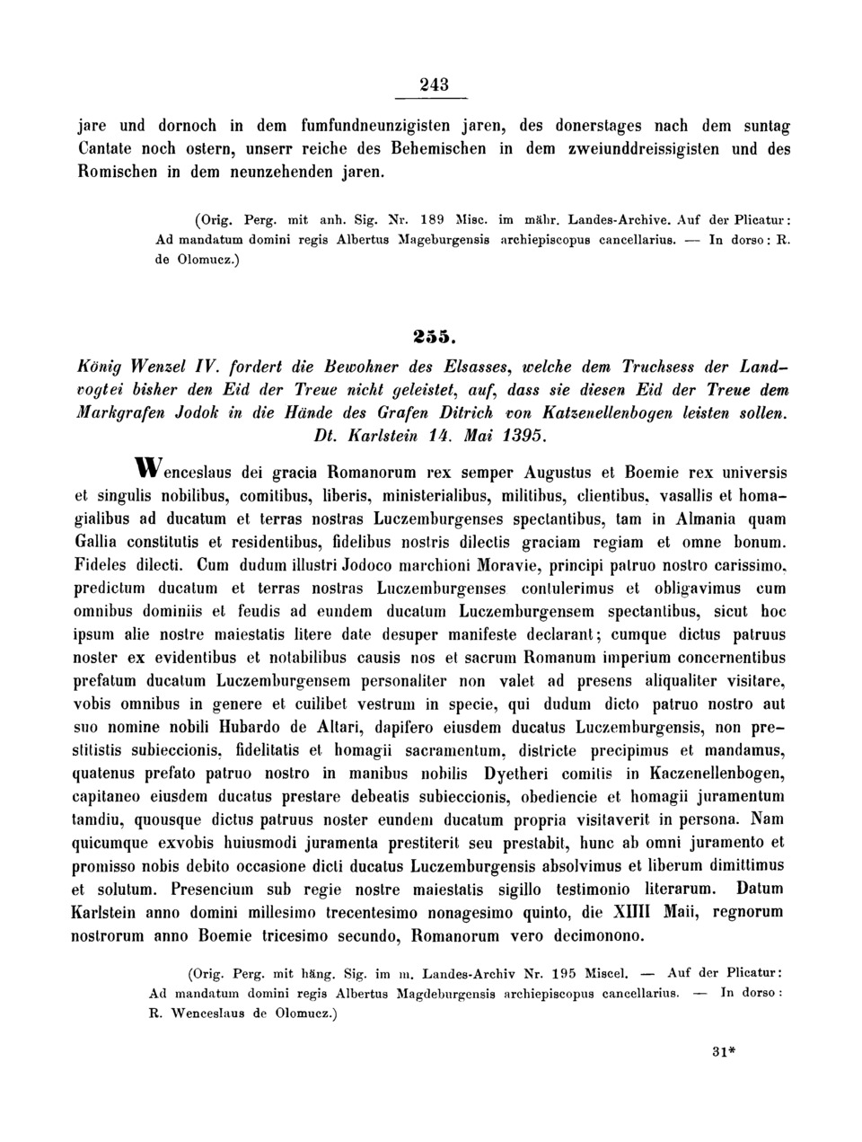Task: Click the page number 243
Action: coord(434,84)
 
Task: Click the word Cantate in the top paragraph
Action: coord(106,148)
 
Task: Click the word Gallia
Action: coord(100,543)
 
